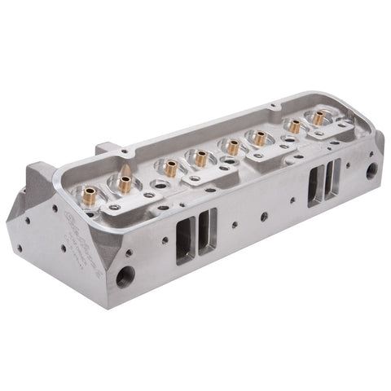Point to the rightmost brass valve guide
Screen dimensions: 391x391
click(x=317, y=117)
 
